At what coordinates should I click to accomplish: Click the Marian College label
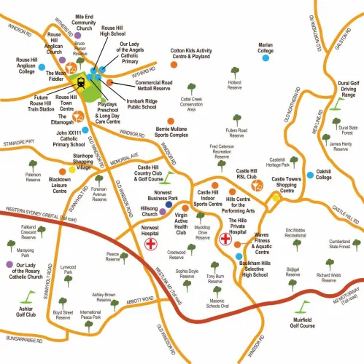click(x=266, y=48)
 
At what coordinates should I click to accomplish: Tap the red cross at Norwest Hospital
click(x=152, y=244)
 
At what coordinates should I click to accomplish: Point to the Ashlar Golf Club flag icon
click(x=28, y=298)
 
